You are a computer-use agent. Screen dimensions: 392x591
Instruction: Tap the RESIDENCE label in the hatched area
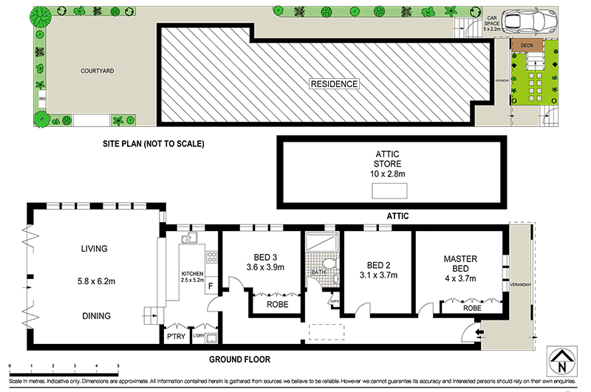[334, 84]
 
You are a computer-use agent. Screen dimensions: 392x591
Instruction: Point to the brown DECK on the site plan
[527, 46]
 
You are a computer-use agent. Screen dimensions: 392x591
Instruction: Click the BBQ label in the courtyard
[42, 97]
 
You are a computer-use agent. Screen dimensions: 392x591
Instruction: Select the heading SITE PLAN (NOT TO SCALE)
[153, 142]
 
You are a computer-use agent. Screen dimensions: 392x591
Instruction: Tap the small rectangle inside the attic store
[390, 191]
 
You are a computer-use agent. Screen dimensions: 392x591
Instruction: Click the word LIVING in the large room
[95, 249]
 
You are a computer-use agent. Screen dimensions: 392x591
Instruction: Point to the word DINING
[96, 316]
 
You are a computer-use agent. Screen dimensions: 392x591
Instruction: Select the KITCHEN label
[193, 275]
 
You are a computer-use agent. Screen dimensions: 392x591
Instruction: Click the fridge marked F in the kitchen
[211, 286]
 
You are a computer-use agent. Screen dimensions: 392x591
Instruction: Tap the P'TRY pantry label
[177, 336]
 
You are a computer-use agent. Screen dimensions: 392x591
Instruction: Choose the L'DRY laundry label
[199, 337]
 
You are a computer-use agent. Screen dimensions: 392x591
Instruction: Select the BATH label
[318, 272]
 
